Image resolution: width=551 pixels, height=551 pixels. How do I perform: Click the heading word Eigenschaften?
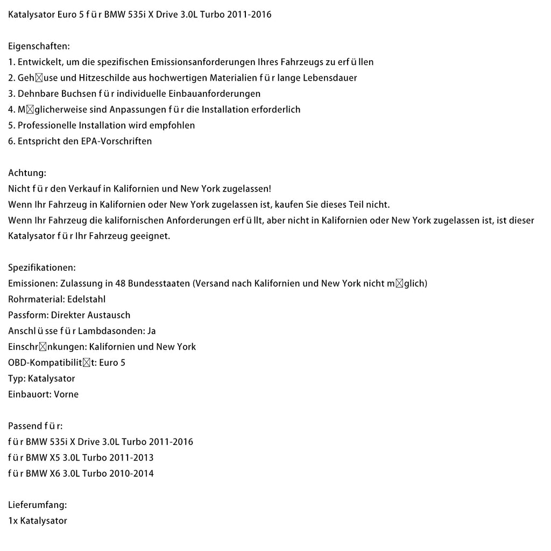pos(38,46)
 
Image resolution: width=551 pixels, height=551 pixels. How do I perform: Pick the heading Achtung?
pos(27,173)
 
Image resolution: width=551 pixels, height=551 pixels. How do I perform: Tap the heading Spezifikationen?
pos(41,267)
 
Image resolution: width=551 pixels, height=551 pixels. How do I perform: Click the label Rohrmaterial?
pos(35,299)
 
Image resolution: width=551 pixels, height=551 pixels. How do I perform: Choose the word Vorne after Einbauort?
pos(67,394)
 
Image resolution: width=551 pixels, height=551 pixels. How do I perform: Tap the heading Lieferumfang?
pos(37,505)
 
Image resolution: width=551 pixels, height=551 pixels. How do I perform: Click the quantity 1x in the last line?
pos(13,521)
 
